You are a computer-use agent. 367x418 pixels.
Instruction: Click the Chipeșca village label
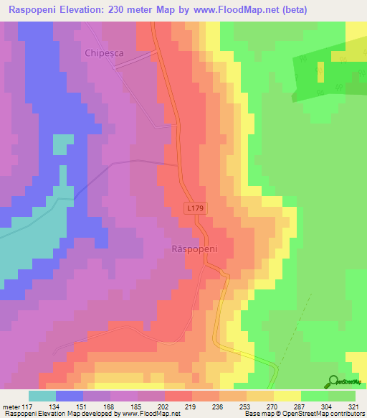click(105, 52)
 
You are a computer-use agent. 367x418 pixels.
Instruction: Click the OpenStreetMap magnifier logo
click(333, 382)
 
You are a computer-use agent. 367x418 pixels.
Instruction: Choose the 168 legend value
click(107, 406)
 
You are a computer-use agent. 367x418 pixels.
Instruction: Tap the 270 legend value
click(271, 406)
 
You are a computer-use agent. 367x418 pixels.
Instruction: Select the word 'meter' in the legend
click(13, 406)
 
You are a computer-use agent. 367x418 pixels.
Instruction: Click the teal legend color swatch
click(42, 396)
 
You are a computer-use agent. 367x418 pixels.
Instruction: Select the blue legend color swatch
click(70, 396)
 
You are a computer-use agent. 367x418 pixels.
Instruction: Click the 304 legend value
click(329, 406)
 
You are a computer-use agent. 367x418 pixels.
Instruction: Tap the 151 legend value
click(82, 406)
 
